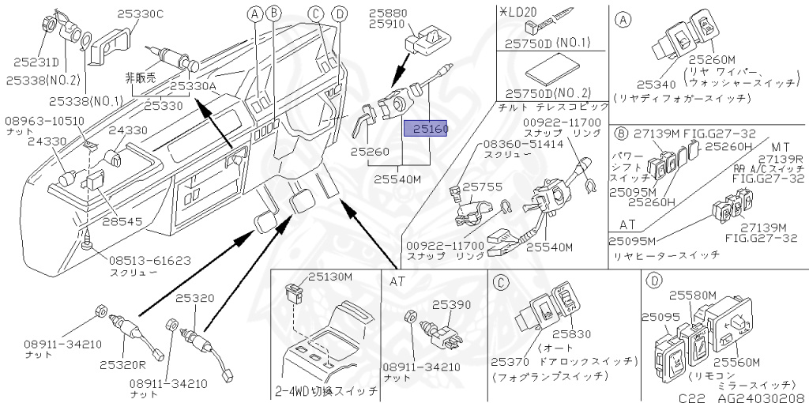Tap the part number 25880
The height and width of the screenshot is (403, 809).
click(x=387, y=13)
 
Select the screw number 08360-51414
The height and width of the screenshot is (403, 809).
click(x=514, y=145)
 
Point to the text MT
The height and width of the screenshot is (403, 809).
click(x=781, y=146)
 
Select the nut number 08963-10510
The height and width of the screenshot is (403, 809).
click(x=45, y=120)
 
